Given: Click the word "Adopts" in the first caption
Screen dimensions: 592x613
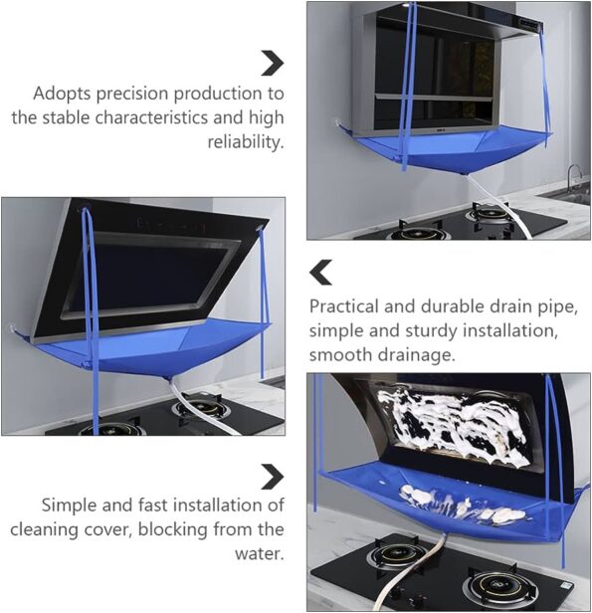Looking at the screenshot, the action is (62, 95).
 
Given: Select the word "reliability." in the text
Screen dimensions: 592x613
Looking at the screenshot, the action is (246, 142).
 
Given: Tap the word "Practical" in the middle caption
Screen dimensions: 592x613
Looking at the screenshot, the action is (343, 306).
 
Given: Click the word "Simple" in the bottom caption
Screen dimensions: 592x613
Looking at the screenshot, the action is (70, 506).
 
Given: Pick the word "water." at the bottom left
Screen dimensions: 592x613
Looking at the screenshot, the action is (260, 553).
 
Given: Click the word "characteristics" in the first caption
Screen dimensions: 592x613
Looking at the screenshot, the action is (151, 117).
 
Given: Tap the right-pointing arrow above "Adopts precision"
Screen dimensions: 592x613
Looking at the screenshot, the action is (273, 63).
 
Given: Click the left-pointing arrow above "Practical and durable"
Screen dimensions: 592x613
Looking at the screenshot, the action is (320, 272).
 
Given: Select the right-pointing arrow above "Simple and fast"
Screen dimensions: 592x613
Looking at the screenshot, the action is (273, 477).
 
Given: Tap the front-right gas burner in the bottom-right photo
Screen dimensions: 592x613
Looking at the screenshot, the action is (495, 586).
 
